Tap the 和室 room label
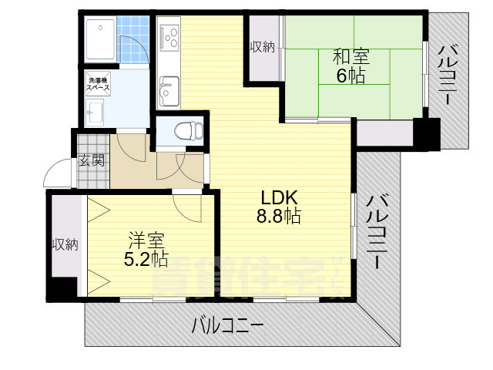tap(350, 56)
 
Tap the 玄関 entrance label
tap(92, 161)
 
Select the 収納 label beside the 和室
tap(262, 47)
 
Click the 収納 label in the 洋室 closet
tap(65, 245)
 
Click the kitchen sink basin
tap(167, 95)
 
